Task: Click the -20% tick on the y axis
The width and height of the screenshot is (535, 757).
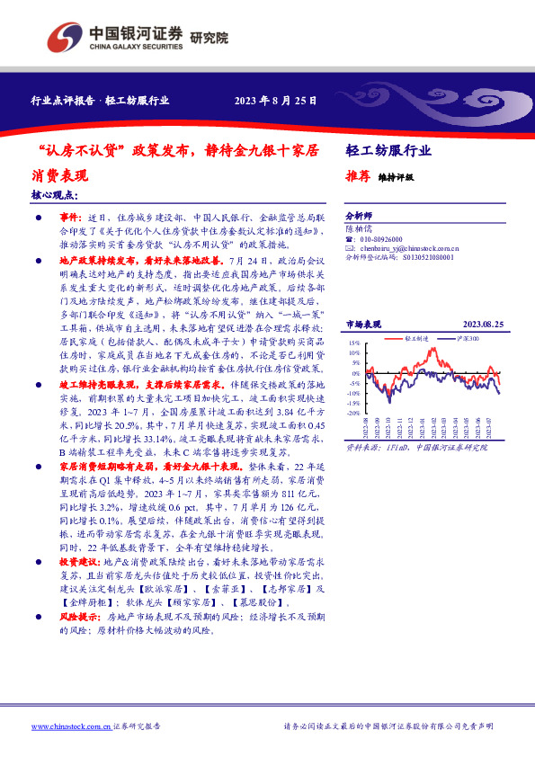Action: (356, 402)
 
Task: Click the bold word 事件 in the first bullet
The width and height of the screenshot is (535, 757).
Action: (71, 218)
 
